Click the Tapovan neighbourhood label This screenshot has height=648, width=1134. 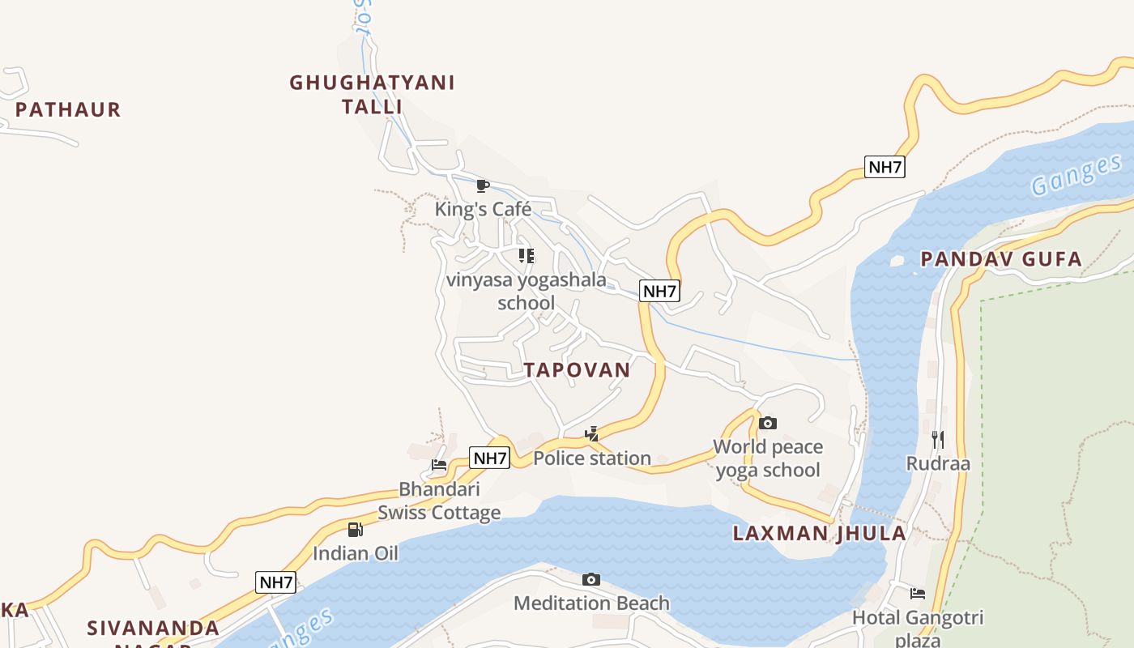(x=576, y=370)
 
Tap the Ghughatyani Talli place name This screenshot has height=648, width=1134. (x=372, y=94)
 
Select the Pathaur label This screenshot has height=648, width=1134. (x=68, y=109)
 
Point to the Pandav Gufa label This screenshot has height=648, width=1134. (x=1001, y=259)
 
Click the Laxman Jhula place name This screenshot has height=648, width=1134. (x=819, y=533)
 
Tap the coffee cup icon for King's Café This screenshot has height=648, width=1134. (x=483, y=186)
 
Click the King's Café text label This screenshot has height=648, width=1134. (x=483, y=209)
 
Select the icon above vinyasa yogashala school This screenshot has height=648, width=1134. (x=526, y=256)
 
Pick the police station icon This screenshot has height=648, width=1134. (x=592, y=435)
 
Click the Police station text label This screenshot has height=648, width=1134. (x=592, y=458)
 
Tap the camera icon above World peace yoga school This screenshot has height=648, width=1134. (x=768, y=423)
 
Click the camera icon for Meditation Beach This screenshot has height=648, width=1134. (x=591, y=580)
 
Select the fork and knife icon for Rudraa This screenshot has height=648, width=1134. (x=938, y=440)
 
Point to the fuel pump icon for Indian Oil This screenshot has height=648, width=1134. (x=355, y=530)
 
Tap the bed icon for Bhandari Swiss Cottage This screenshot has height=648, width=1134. (x=439, y=465)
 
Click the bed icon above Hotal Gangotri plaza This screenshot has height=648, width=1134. (x=917, y=594)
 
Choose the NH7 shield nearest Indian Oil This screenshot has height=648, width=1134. (x=275, y=582)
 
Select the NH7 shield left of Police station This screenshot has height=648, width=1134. (x=490, y=458)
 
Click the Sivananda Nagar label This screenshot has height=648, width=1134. (x=153, y=629)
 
